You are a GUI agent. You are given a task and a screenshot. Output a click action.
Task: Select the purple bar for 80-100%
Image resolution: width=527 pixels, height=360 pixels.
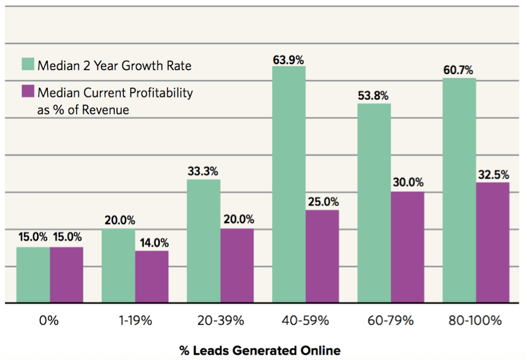point(492,242)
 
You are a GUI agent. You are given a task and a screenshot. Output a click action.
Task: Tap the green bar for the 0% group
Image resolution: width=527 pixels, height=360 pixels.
point(33,275)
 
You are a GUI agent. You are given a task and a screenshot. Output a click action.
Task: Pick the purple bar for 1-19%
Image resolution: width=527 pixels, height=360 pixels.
point(152,277)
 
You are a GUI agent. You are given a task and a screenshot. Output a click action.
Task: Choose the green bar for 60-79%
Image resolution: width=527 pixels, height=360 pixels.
point(374,203)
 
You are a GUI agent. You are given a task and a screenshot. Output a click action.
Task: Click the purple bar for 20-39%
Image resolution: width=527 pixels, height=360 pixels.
point(237,266)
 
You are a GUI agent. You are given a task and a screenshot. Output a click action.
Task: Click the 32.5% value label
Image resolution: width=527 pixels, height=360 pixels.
point(493,175)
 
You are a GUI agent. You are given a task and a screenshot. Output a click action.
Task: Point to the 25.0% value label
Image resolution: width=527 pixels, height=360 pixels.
point(323,202)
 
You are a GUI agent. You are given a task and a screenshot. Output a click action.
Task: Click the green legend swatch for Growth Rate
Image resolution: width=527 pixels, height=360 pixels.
point(28,65)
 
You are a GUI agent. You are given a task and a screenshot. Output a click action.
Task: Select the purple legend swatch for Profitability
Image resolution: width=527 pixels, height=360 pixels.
point(28,92)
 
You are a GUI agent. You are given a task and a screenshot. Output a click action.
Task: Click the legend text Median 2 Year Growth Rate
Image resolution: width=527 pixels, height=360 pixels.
point(114,66)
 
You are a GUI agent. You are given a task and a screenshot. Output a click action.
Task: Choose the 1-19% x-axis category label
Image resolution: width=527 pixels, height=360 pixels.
point(135,321)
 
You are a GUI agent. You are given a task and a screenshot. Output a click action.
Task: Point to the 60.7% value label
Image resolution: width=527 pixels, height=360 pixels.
point(459,71)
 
